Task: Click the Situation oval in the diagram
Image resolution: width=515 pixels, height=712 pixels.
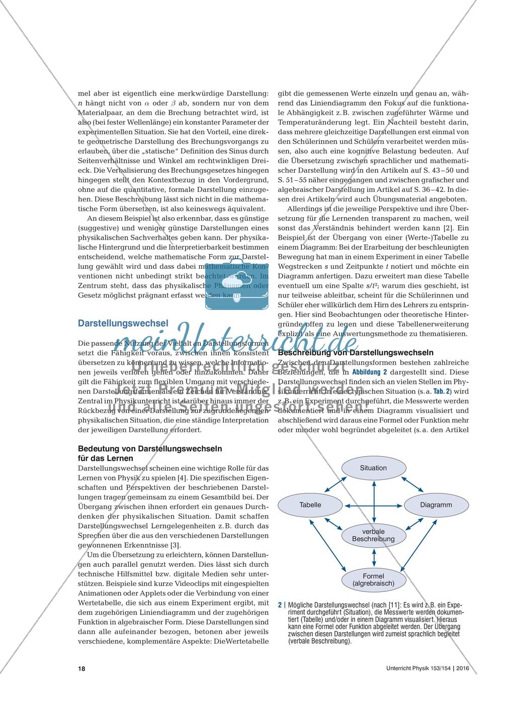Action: [x=373, y=468]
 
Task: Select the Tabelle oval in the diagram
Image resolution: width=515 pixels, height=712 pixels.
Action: [x=310, y=504]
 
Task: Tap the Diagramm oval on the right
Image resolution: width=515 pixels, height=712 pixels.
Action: [x=436, y=504]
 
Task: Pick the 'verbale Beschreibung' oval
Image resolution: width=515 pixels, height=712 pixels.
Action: [x=373, y=535]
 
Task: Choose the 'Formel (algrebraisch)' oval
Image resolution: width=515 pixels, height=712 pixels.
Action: [x=373, y=579]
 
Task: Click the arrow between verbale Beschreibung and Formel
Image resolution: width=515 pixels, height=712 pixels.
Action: [x=373, y=557]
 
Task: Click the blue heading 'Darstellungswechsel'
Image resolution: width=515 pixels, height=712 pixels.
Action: [x=123, y=324]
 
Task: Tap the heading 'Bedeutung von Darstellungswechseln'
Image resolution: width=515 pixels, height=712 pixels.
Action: [x=150, y=448]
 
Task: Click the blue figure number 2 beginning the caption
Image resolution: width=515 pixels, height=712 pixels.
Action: [x=280, y=606]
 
